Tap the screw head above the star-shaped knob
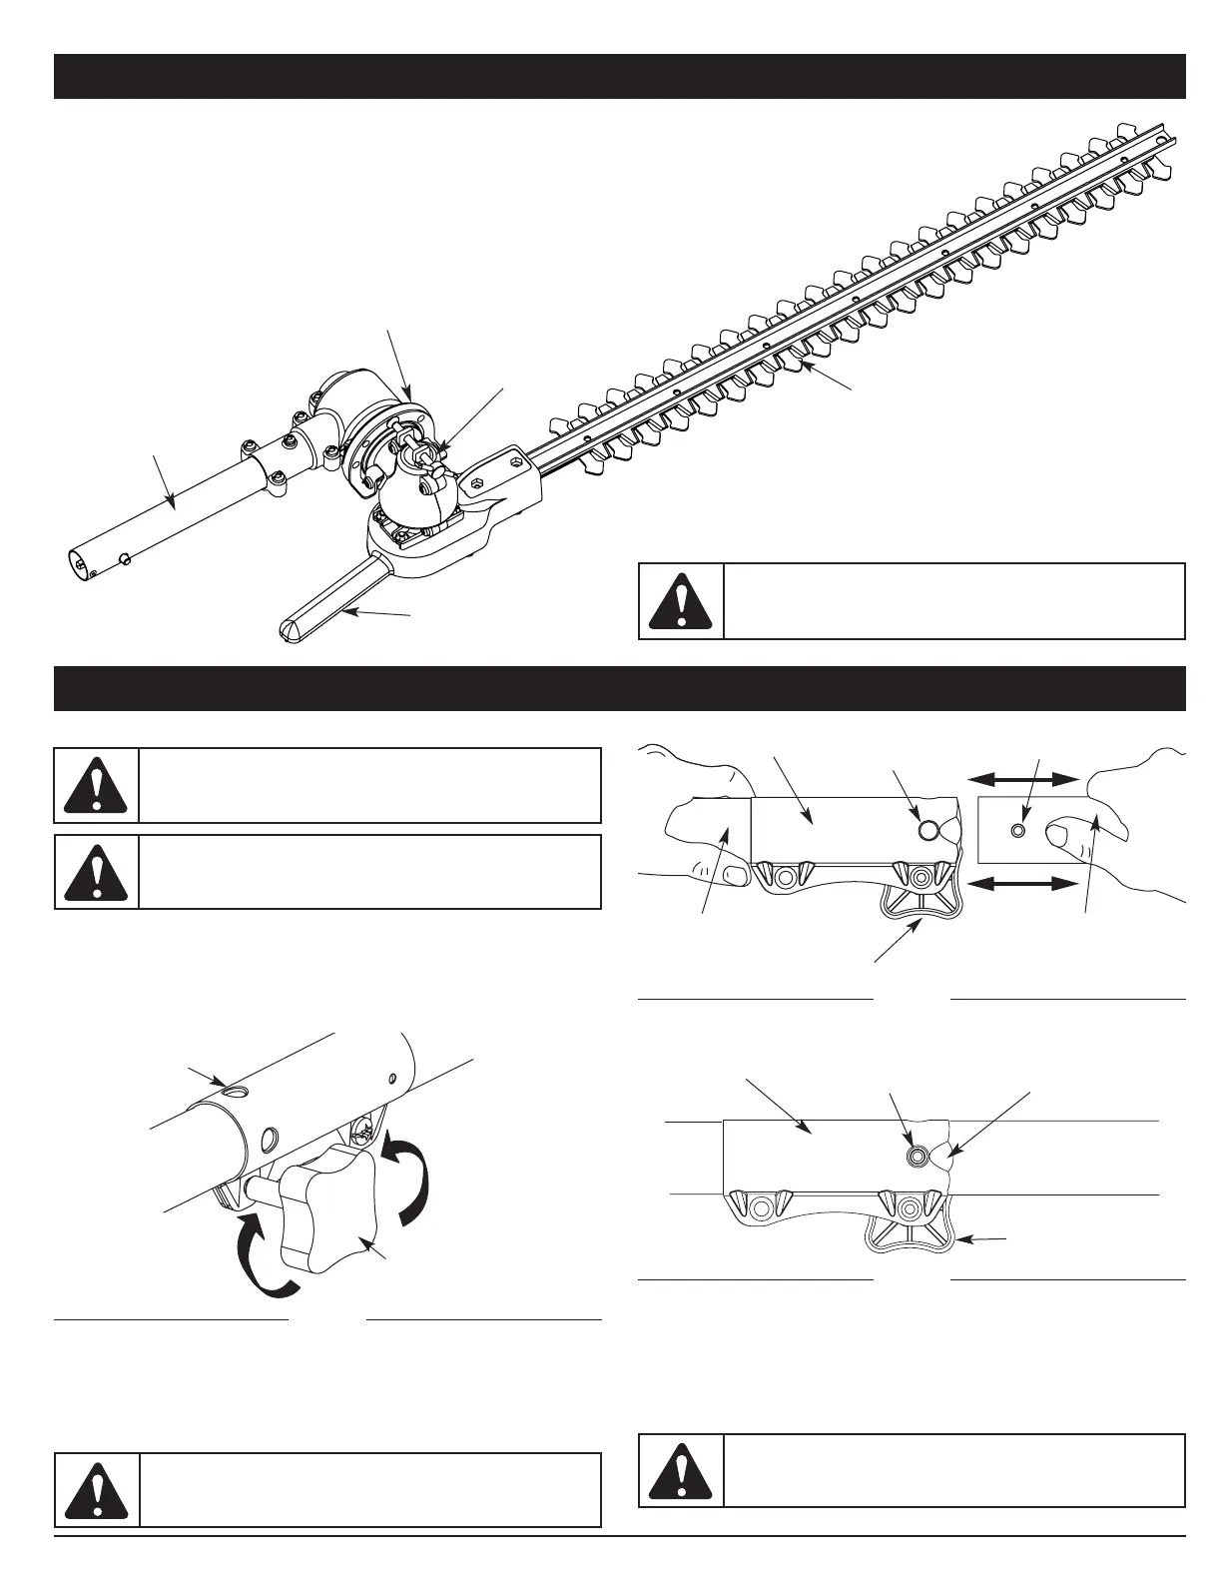click(x=365, y=1132)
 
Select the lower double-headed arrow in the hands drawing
click(x=1023, y=883)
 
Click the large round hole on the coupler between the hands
click(x=927, y=829)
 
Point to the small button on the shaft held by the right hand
click(x=1017, y=830)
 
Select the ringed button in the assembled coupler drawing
click(x=915, y=1156)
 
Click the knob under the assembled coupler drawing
click(x=907, y=1236)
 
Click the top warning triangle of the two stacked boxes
click(x=96, y=785)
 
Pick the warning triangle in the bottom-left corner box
click(x=96, y=1491)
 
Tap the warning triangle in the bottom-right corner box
click(x=679, y=1470)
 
